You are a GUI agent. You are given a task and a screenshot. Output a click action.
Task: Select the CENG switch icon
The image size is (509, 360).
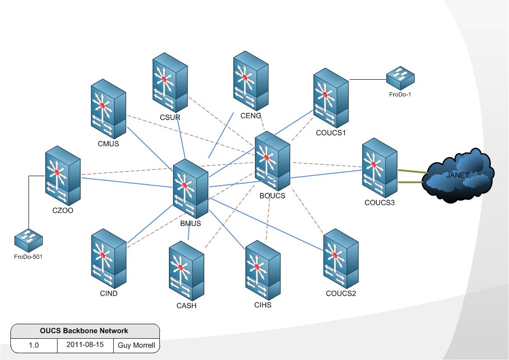[x=250, y=81]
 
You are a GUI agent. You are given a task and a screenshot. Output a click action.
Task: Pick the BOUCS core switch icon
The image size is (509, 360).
[x=272, y=161]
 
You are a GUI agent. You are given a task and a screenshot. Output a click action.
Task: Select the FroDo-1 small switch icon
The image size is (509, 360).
[x=400, y=78]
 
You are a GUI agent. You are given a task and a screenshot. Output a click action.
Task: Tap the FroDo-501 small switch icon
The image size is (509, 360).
[x=28, y=240]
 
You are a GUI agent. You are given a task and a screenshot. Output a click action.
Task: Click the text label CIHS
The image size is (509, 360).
[x=263, y=305]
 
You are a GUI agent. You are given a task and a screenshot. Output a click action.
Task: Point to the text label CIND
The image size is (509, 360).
[x=109, y=293]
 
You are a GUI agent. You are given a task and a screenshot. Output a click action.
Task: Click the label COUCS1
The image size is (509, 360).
[x=331, y=133]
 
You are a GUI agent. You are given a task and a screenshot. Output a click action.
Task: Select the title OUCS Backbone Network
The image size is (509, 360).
[x=85, y=331]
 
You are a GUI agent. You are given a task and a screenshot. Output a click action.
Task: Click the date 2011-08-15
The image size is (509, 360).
[x=85, y=345]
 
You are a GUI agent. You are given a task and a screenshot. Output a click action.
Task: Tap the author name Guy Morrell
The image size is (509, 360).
[x=136, y=346]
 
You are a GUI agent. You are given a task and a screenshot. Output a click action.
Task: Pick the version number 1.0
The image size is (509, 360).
[x=34, y=346]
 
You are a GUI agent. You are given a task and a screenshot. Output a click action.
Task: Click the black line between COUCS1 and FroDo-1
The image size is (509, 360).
[x=367, y=80]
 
